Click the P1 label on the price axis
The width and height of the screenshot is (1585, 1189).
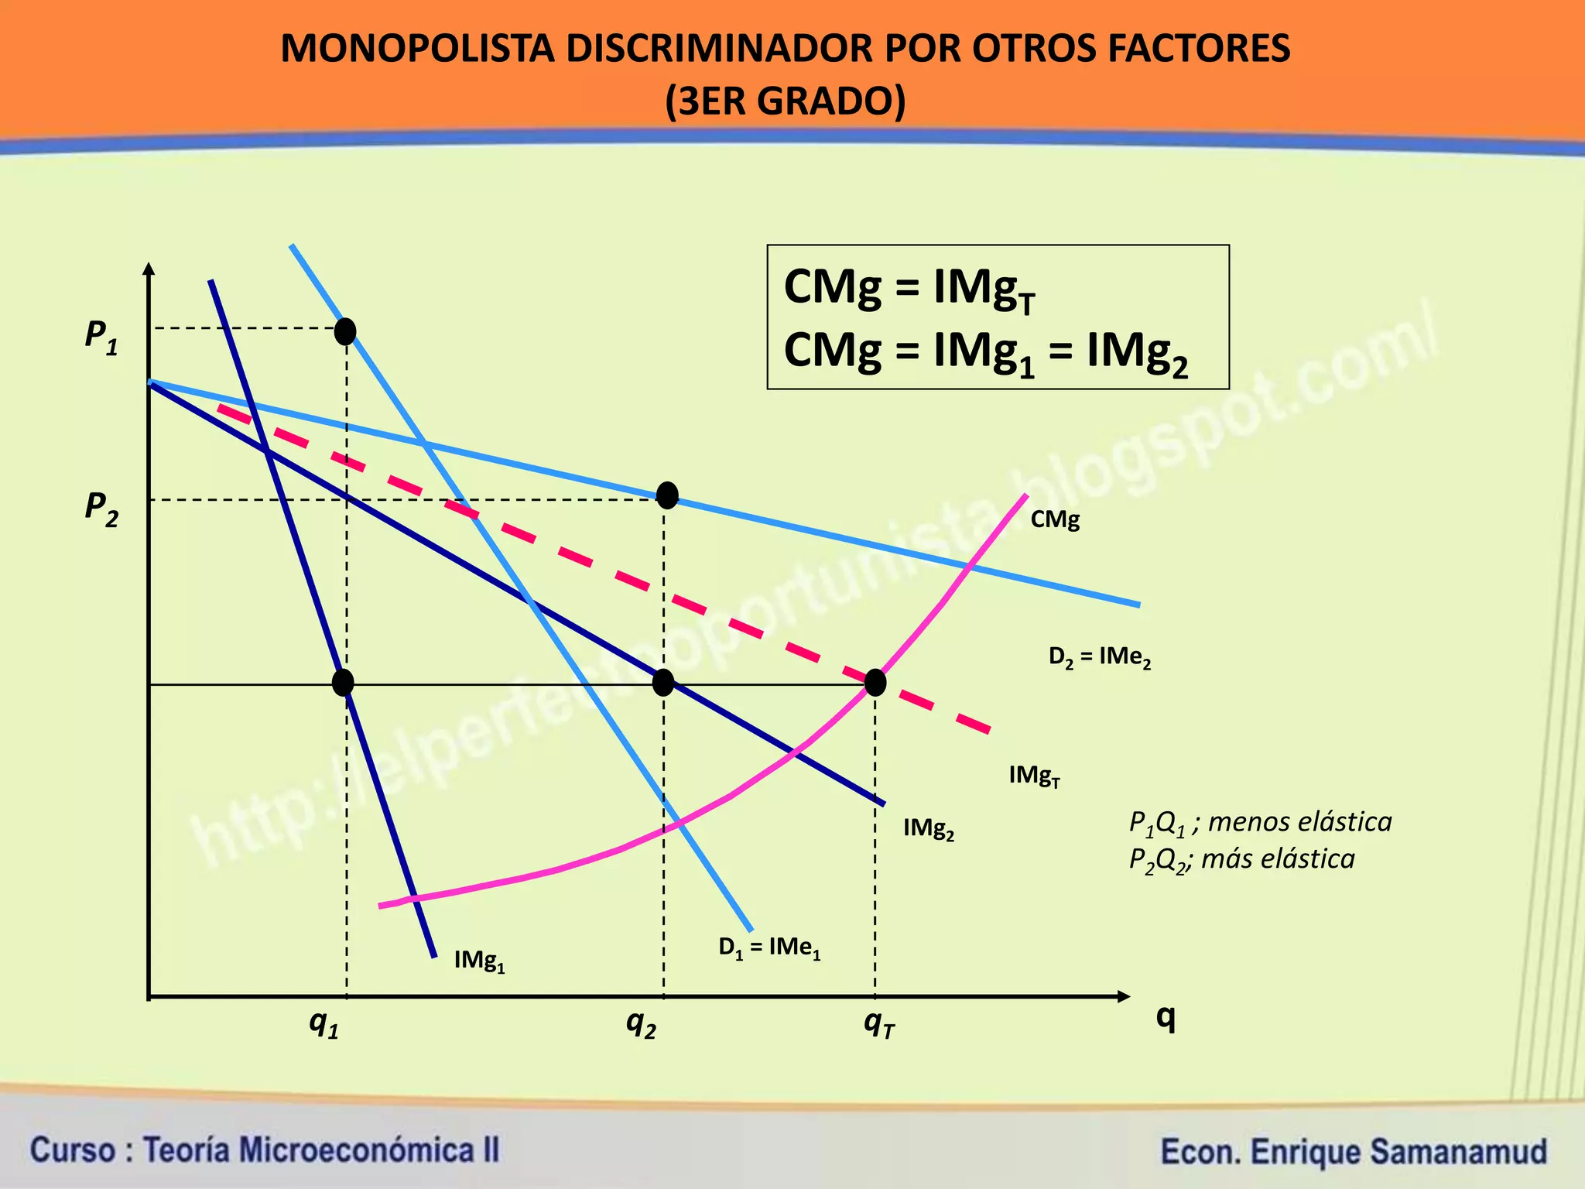pyautogui.click(x=101, y=338)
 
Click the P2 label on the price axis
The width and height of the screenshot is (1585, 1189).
pyautogui.click(x=101, y=509)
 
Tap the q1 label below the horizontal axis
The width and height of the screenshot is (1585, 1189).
pyautogui.click(x=324, y=1024)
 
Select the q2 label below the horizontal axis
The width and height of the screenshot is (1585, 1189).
pyautogui.click(x=641, y=1024)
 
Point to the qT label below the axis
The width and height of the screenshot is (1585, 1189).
pyautogui.click(x=879, y=1024)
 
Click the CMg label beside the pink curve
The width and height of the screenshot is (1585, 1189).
pyautogui.click(x=1055, y=519)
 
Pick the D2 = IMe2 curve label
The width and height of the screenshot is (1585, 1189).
pyautogui.click(x=1099, y=658)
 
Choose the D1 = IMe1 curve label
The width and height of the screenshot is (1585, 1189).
pyautogui.click(x=769, y=948)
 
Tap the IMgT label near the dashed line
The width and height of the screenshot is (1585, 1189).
pyautogui.click(x=1034, y=776)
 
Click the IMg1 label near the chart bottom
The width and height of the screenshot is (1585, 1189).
pyautogui.click(x=479, y=961)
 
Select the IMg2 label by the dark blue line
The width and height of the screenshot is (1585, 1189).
pyautogui.click(x=929, y=829)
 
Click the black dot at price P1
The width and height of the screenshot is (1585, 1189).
pyautogui.click(x=345, y=331)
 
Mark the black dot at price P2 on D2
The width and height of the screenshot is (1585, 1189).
pyautogui.click(x=667, y=495)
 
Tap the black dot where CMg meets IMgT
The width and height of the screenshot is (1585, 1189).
pyautogui.click(x=875, y=683)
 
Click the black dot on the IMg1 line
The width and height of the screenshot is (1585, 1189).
pyautogui.click(x=343, y=683)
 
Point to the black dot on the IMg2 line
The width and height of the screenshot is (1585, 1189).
pyautogui.click(x=663, y=683)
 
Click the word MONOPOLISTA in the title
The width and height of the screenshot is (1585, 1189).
pyautogui.click(x=417, y=49)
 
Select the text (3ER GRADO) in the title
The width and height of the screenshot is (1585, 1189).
pyautogui.click(x=785, y=101)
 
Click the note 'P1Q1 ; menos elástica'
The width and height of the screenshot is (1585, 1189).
pyautogui.click(x=1260, y=822)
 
